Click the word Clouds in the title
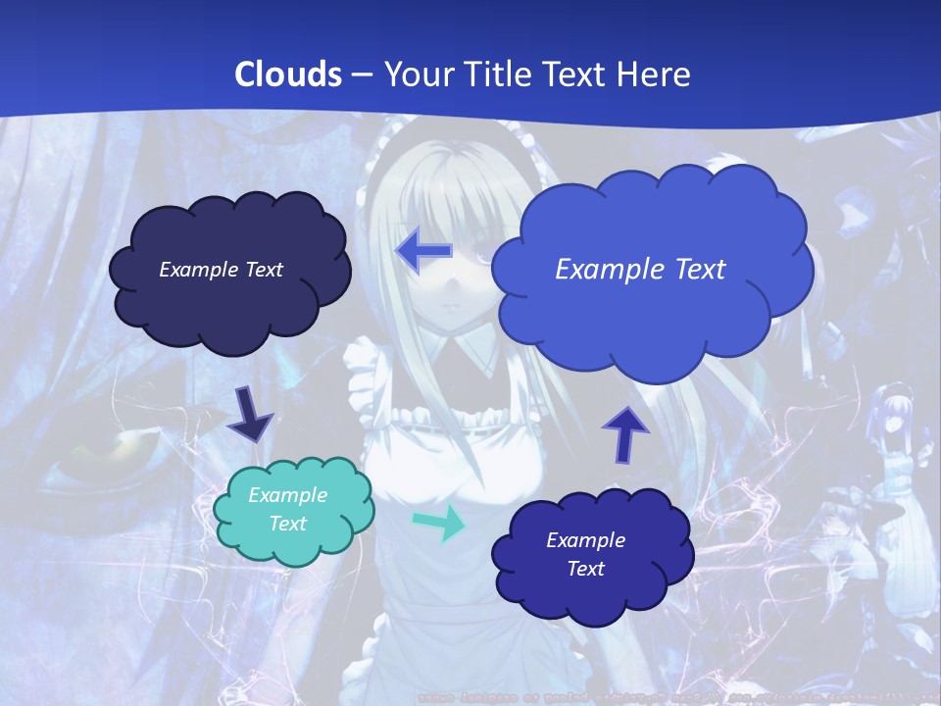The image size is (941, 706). click(288, 75)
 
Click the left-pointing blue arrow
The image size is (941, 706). click(423, 250)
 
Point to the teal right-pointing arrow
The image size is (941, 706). click(441, 523)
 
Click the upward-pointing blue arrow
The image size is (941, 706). click(624, 434)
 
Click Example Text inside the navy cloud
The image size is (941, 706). click(221, 270)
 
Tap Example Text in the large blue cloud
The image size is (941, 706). click(640, 269)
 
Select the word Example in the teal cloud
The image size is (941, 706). click(287, 495)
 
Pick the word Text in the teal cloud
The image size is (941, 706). click(287, 524)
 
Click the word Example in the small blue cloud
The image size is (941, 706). click(585, 540)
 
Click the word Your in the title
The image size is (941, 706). click(417, 75)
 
